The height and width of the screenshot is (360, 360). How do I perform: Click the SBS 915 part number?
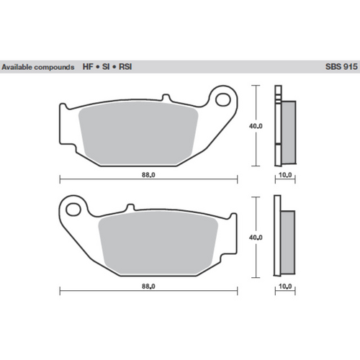pos(339,66)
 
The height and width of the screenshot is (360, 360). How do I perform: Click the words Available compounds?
pos(37,66)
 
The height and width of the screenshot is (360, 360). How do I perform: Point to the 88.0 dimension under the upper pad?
pos(148,174)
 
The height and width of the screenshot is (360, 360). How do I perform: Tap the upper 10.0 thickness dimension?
pos(285,174)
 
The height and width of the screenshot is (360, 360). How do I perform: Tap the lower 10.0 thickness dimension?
pos(285,286)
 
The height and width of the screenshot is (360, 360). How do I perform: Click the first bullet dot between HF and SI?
pos(99,66)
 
